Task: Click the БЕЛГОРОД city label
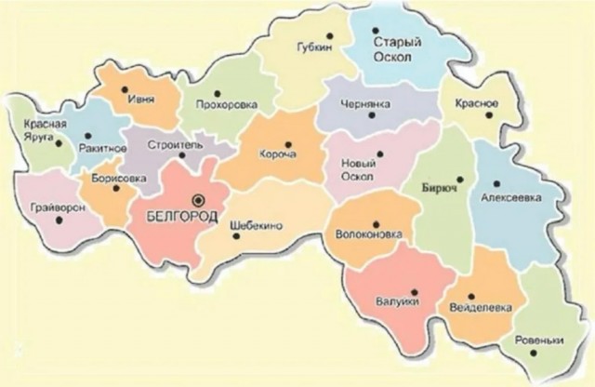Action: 182,216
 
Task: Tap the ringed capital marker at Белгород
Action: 196,199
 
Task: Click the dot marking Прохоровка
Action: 216,93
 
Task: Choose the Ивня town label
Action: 139,98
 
